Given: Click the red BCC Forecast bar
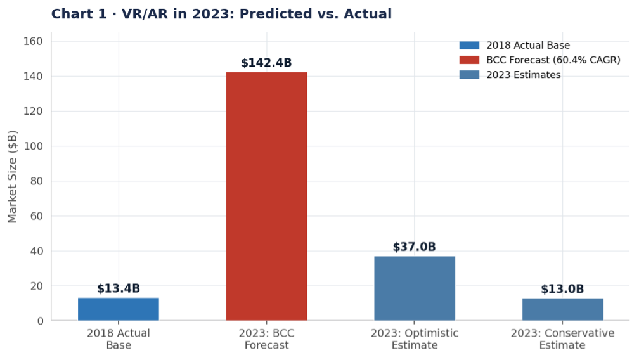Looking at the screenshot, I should [x=266, y=196].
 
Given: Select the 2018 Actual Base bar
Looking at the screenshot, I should [x=119, y=309].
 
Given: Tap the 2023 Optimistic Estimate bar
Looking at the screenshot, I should [x=415, y=288].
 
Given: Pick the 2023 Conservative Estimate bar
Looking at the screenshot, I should [x=562, y=309].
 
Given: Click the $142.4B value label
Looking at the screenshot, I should [x=266, y=63].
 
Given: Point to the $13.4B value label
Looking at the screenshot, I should [x=119, y=289].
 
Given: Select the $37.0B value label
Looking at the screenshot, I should [x=415, y=247].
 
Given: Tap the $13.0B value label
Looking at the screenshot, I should [x=562, y=290].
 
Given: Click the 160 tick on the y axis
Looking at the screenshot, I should [x=37, y=41].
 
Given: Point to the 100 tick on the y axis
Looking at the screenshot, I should [x=37, y=146].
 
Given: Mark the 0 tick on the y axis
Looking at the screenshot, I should [x=40, y=321].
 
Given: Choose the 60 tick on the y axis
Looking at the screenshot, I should [x=37, y=216].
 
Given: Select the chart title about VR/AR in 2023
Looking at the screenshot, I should [x=221, y=14].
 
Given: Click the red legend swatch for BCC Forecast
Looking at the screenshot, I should [x=470, y=60].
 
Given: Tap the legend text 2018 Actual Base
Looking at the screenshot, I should [x=528, y=46].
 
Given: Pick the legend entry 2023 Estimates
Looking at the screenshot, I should [x=523, y=75].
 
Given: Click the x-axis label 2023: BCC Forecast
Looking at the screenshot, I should [x=266, y=339].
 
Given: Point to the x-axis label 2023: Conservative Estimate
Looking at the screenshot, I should [x=562, y=339].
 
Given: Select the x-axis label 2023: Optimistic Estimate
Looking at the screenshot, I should [x=415, y=339].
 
